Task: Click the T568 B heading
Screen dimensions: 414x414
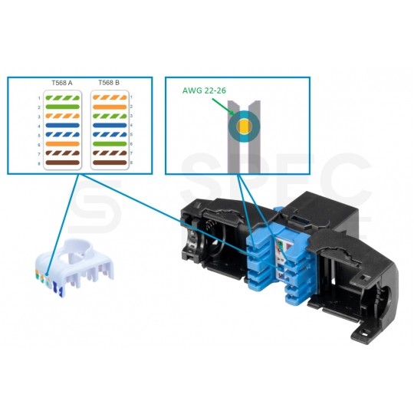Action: [110, 82]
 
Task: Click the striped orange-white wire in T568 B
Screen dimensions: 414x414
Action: [110, 98]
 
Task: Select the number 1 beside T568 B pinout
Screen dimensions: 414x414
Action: [131, 98]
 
